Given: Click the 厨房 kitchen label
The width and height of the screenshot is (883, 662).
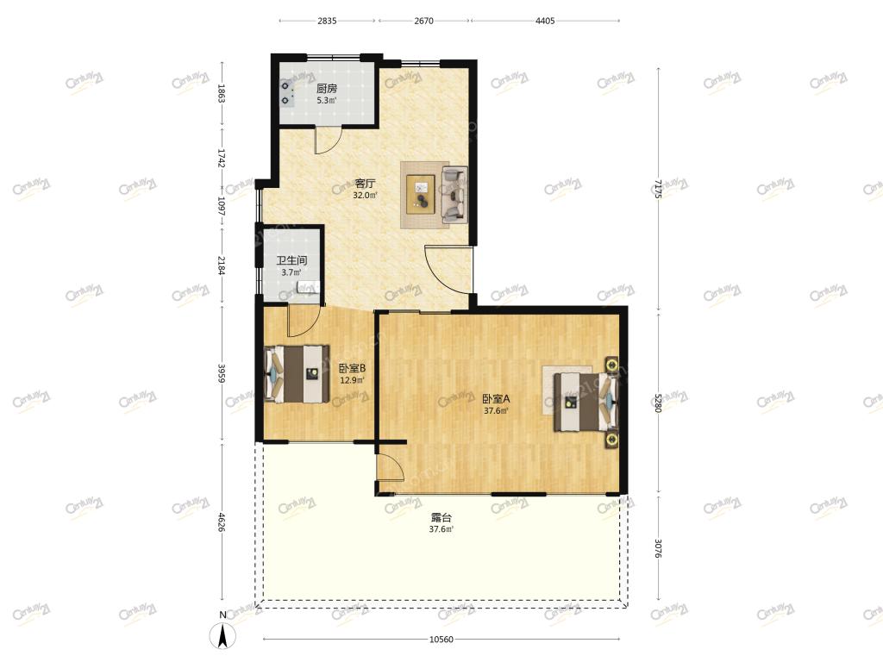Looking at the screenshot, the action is [x=327, y=89].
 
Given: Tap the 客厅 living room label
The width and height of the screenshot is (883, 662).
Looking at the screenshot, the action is [x=365, y=184].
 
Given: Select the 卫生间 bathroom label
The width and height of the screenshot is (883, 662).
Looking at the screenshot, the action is [x=291, y=260].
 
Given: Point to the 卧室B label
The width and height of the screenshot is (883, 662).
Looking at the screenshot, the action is [x=352, y=368].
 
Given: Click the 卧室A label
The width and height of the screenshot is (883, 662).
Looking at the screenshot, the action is [x=496, y=398].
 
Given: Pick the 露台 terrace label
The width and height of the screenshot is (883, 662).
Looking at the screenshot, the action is [x=441, y=517].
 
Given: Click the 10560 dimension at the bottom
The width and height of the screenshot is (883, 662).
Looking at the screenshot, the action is [x=441, y=640].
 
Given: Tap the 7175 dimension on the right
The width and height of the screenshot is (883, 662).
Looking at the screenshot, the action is [x=658, y=190].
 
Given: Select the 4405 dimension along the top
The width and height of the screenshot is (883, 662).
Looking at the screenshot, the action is [x=545, y=21].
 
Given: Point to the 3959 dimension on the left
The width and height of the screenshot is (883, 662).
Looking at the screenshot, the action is [x=222, y=373].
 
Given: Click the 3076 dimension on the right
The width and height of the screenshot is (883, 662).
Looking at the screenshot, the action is [x=658, y=548].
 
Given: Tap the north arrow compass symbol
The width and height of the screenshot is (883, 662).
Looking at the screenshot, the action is [x=223, y=635].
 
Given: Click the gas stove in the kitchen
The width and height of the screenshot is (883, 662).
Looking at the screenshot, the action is [x=287, y=93].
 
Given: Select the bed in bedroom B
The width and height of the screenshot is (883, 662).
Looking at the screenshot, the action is [x=297, y=374].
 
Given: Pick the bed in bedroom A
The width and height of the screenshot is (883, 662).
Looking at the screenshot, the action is [x=586, y=402].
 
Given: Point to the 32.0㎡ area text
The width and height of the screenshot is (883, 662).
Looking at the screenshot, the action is [x=365, y=196].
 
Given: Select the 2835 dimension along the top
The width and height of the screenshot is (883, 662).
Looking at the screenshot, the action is [x=327, y=21].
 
